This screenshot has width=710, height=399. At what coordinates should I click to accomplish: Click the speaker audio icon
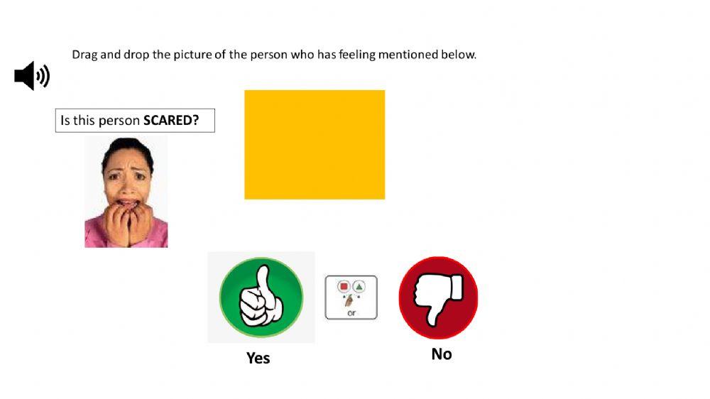pyautogui.click(x=32, y=76)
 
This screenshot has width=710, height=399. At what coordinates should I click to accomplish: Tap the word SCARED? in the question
pyautogui.click(x=171, y=121)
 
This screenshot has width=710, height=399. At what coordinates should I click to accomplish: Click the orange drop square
pyautogui.click(x=315, y=145)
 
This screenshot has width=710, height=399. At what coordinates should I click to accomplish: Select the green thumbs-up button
pyautogui.click(x=261, y=297)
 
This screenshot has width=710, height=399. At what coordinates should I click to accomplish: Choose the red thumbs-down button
pyautogui.click(x=438, y=297)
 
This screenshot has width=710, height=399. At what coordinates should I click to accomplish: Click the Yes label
pyautogui.click(x=258, y=358)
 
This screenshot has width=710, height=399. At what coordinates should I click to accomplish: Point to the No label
pyautogui.click(x=441, y=354)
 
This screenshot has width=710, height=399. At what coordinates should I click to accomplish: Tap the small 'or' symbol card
pyautogui.click(x=351, y=297)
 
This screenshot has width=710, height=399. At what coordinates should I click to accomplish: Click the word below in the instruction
pyautogui.click(x=459, y=55)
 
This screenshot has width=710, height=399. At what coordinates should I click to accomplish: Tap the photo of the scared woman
pyautogui.click(x=126, y=192)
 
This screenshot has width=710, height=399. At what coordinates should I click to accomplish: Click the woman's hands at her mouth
pyautogui.click(x=127, y=220)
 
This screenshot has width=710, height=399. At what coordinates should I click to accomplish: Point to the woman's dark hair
pyautogui.click(x=128, y=146)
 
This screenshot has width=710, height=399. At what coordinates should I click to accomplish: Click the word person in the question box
pyautogui.click(x=119, y=121)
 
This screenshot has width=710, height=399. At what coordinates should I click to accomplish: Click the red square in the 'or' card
pyautogui.click(x=344, y=287)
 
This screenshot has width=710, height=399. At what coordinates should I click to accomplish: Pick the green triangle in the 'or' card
pyautogui.click(x=359, y=287)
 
